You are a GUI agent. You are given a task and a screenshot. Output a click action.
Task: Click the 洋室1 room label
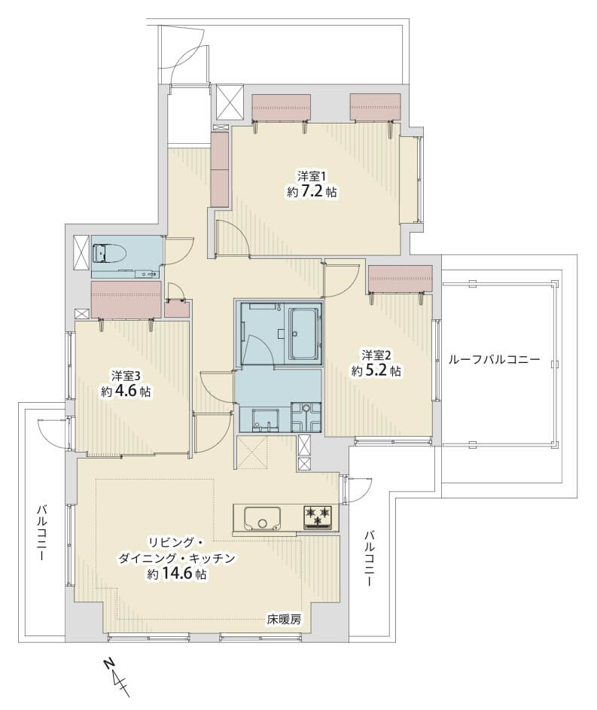coord(312,175)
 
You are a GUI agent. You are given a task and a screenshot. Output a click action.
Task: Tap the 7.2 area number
coord(311,191)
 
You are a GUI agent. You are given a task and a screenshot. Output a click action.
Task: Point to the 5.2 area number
coord(375,371)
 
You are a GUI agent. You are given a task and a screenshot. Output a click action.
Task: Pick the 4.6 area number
coord(126,392)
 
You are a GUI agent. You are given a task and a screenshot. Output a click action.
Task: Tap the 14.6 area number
coord(176,574)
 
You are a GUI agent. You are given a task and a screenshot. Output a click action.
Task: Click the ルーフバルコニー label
coord(495,360)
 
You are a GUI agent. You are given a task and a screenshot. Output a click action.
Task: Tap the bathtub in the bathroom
coord(303,334)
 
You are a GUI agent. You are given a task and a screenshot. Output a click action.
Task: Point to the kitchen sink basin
coord(262,518)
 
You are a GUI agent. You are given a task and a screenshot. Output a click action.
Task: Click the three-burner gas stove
coord(318,517)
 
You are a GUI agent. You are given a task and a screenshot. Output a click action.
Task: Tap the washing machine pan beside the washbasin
coord(306,416)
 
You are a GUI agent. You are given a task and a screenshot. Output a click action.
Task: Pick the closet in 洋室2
coord(401,279)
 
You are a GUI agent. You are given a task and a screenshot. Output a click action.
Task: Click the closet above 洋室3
coord(126,300)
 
